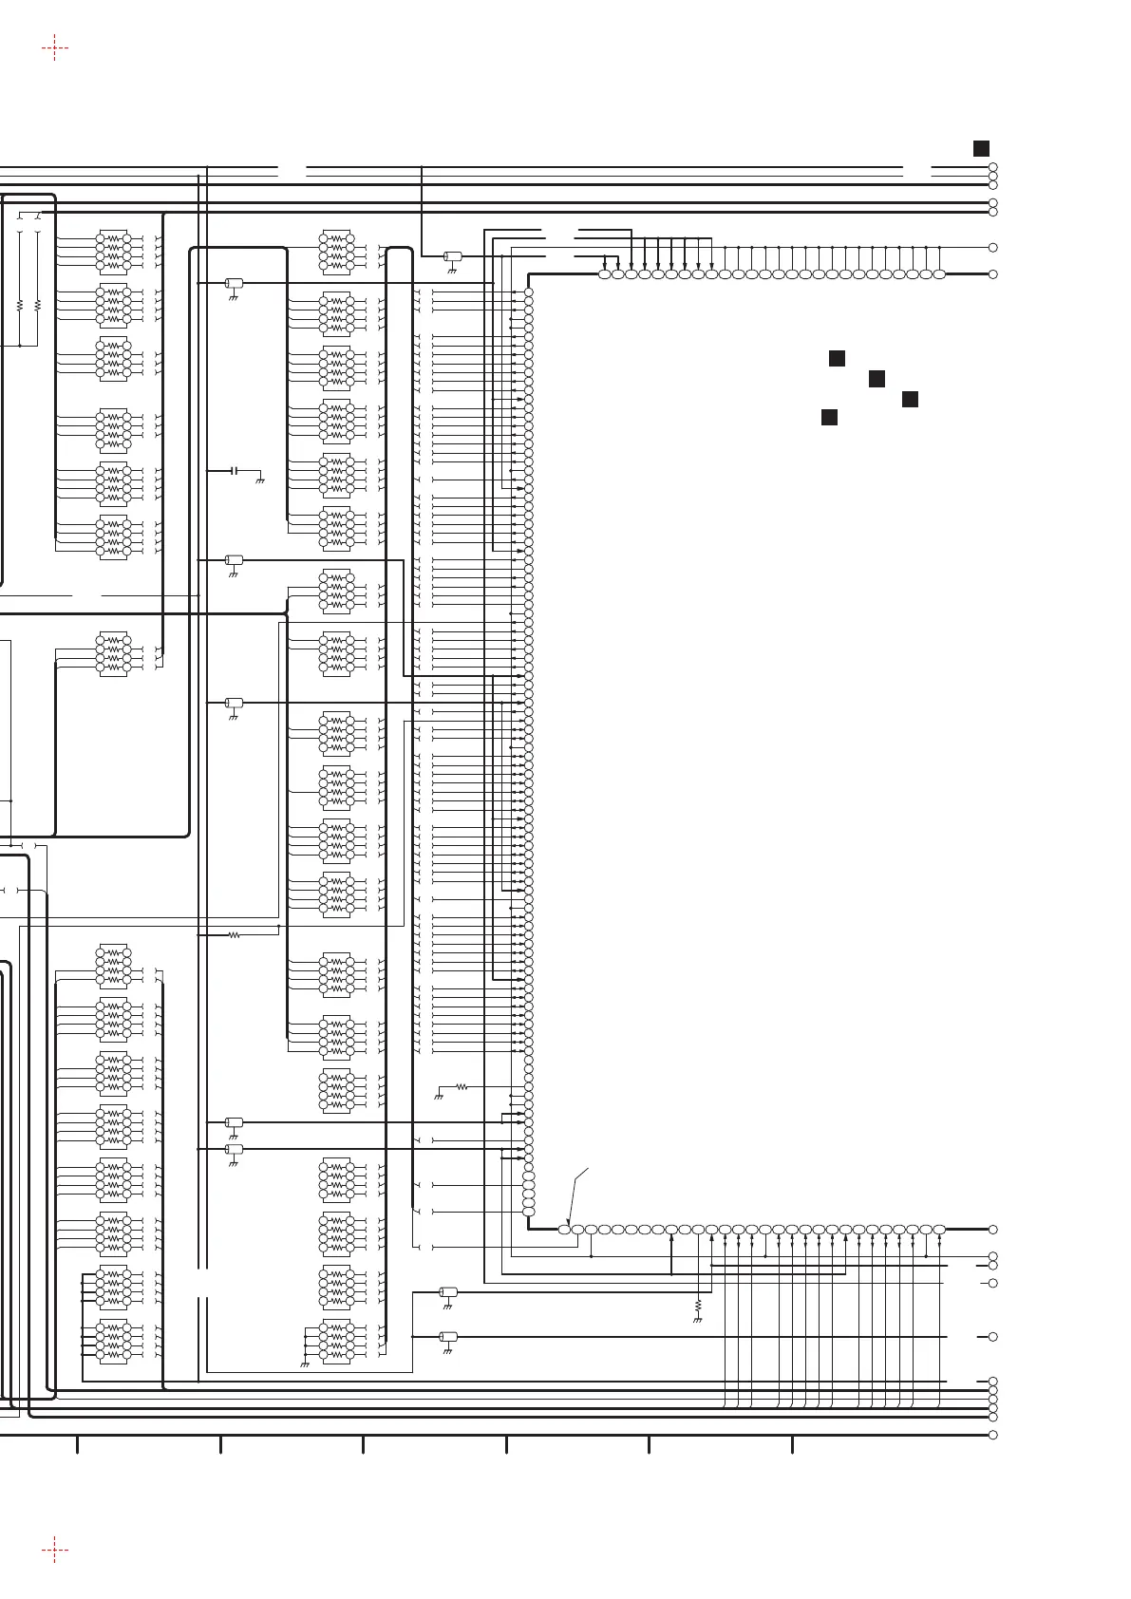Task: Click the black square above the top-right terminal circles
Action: [981, 148]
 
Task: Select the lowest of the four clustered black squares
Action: [829, 417]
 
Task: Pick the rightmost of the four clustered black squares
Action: [910, 399]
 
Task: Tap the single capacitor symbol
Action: [234, 471]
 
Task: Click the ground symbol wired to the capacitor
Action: [259, 481]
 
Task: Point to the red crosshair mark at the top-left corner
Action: [55, 47]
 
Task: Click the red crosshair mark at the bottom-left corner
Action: [55, 1550]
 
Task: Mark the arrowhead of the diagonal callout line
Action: [567, 1223]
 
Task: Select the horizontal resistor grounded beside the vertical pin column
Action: [462, 1087]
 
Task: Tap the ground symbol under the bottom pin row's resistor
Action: [698, 1320]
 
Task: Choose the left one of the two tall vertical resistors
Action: [20, 306]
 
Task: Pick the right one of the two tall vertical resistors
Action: [37, 306]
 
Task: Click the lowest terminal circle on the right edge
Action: [993, 1435]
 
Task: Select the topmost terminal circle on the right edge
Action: [993, 167]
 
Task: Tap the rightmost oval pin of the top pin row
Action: [939, 274]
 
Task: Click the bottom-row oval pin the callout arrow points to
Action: [564, 1230]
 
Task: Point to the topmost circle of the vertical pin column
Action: [529, 292]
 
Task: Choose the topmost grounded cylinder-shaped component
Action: [453, 256]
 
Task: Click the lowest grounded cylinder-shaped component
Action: [448, 1337]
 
